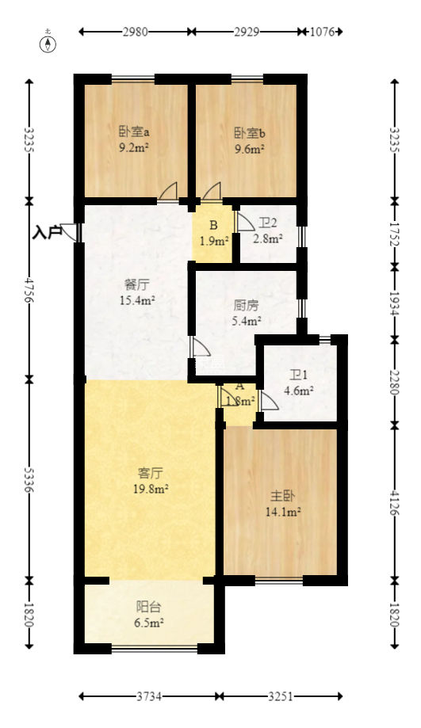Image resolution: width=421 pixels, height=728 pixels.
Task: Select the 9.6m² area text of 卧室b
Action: [249, 147]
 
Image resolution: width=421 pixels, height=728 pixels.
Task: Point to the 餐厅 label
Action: [136, 284]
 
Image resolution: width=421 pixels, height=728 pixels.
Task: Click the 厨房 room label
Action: [246, 305]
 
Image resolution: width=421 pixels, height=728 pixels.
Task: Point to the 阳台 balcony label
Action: [148, 608]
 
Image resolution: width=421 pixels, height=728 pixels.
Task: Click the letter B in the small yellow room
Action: [213, 225]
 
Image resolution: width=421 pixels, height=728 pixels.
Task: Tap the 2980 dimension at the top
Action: [136, 32]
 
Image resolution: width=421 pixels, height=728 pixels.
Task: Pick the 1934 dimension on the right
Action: [394, 301]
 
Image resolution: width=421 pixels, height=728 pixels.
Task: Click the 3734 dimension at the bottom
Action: [148, 696]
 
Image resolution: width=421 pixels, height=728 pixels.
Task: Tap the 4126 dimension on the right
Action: [394, 502]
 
